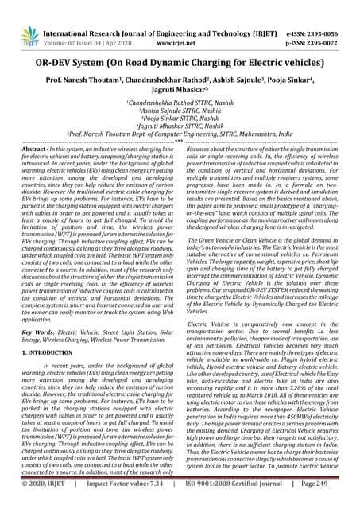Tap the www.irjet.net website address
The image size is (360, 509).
[180, 23]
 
